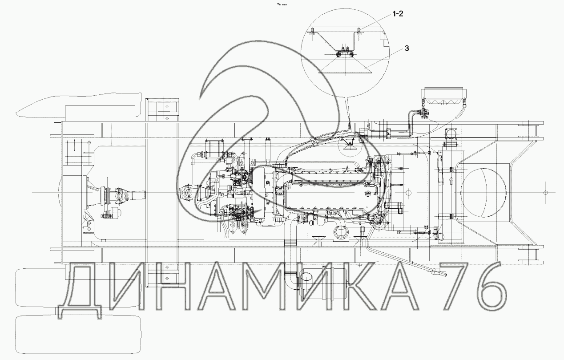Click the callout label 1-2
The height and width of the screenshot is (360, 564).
398,14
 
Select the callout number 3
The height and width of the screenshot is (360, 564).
407,48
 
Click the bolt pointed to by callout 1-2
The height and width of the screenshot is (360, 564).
359,31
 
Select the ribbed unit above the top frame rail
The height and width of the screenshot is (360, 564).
443,97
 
